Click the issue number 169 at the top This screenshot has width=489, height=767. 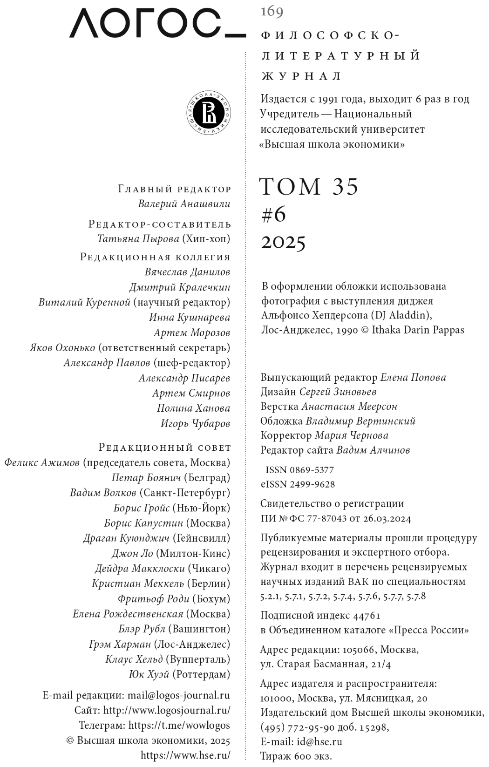click(x=272, y=11)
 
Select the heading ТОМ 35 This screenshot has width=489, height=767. click(x=308, y=186)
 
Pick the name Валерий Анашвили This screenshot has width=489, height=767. click(x=184, y=204)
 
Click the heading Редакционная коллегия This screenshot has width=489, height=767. click(x=156, y=257)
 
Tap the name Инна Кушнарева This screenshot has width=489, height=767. click(x=190, y=318)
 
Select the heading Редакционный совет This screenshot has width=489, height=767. click(x=165, y=448)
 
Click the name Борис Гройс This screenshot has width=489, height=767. click(x=142, y=508)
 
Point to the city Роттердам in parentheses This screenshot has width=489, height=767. click(x=201, y=674)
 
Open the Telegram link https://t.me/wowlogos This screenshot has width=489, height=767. click(x=179, y=725)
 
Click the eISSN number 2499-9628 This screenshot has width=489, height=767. click(x=312, y=484)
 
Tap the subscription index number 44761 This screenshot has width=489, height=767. click(x=367, y=616)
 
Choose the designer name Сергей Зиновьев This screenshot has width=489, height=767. click(x=338, y=392)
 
